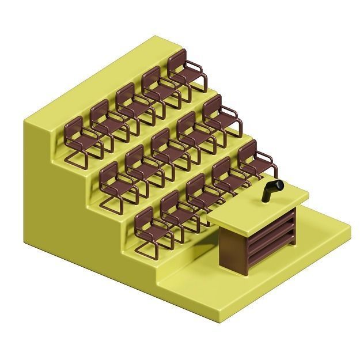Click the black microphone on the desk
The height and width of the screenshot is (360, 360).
click(x=272, y=190)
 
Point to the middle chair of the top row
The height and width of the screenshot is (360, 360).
click(x=133, y=106)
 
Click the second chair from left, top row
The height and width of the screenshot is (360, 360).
click(x=107, y=123)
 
